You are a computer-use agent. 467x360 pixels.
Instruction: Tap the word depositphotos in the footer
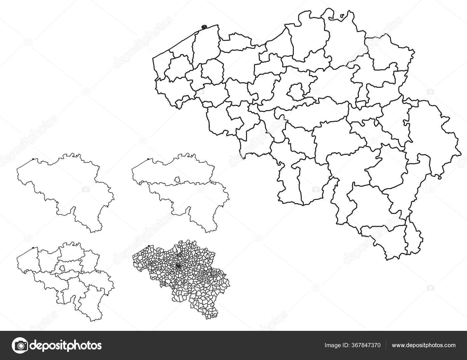click(x=67, y=345)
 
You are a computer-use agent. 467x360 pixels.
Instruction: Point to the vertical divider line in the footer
click(x=387, y=345)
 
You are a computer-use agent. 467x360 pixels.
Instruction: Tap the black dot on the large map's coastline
click(x=204, y=27)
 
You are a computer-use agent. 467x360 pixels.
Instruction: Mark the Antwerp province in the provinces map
click(x=70, y=251)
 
